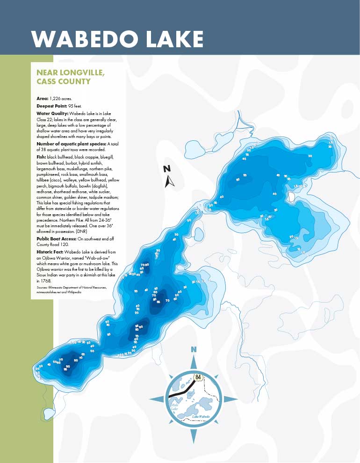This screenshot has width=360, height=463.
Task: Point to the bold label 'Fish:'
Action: pos(41,157)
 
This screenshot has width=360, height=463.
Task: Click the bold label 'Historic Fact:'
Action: pos(52,252)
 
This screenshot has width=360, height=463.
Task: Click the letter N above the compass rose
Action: pos(194,349)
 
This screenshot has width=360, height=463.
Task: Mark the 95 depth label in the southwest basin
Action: pos(65,369)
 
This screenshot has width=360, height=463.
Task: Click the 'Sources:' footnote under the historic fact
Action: pos(43,286)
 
